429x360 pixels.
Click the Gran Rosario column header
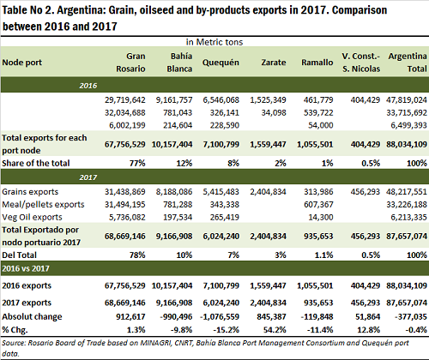[130, 63]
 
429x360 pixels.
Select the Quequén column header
[221, 63]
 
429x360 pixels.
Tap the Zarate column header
[274, 63]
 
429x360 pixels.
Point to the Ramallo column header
[317, 63]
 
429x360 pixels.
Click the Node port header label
[22, 63]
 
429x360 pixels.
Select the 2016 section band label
[88, 86]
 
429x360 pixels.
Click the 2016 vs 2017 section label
[26, 268]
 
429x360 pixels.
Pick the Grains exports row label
[30, 192]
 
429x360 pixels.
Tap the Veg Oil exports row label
[32, 217]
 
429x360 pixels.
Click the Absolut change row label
[32, 316]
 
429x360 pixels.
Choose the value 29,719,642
[125, 100]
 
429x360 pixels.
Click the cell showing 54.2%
[275, 330]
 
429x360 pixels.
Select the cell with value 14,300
[321, 217]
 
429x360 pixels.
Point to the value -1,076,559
[220, 316]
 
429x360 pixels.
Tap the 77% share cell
[137, 163]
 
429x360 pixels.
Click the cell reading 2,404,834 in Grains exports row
[268, 192]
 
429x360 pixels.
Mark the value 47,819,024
[407, 100]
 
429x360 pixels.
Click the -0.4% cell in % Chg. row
[416, 330]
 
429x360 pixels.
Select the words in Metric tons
[214, 42]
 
